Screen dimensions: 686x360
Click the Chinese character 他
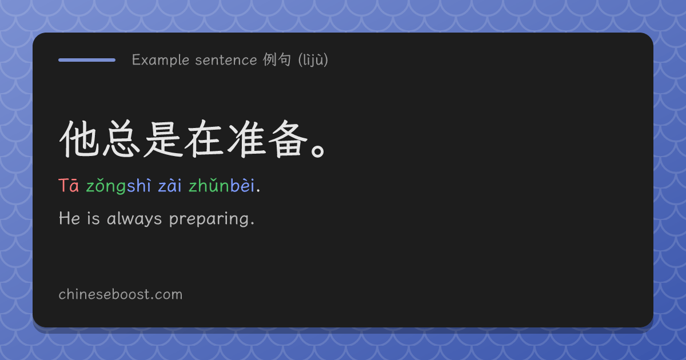(x=79, y=139)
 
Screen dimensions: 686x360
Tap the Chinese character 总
(x=121, y=139)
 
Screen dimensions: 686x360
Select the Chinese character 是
(x=162, y=139)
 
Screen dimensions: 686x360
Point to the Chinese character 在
(x=204, y=139)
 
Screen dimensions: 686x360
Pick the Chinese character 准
(x=246, y=139)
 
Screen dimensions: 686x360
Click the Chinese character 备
(x=288, y=139)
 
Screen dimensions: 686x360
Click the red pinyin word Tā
(x=69, y=186)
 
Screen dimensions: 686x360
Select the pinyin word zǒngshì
(x=118, y=186)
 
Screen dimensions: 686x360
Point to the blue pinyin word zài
(x=170, y=186)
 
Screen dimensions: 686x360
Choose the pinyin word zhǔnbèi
(x=222, y=185)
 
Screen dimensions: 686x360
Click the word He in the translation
(x=70, y=218)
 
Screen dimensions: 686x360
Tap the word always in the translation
(x=134, y=219)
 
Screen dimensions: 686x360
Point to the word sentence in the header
(x=226, y=60)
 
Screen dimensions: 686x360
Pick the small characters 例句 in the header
(x=277, y=59)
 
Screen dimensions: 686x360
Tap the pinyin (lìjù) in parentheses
(x=313, y=59)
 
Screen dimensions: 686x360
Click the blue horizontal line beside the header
(x=87, y=60)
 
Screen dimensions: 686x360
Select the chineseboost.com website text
(x=121, y=294)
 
